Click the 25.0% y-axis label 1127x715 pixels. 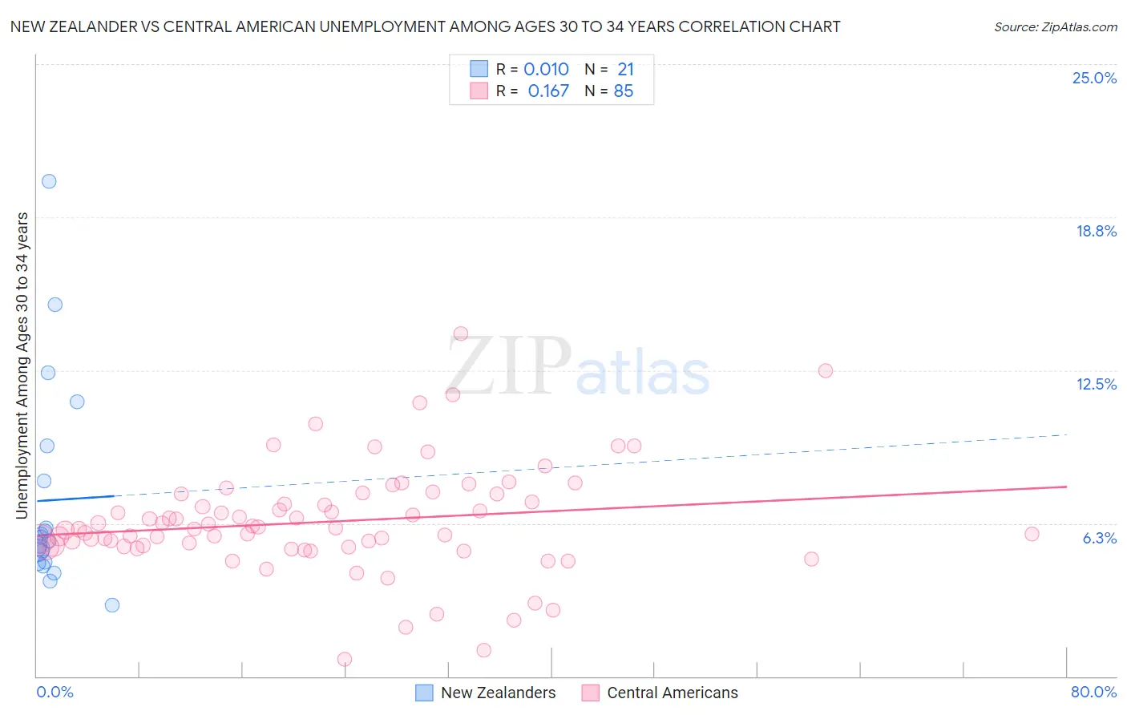pos(1094,78)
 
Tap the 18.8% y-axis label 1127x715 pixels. pos(1096,231)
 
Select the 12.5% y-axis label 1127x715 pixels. pos(1096,384)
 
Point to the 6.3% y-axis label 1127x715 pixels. pos(1099,538)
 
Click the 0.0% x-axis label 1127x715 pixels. pos(55,692)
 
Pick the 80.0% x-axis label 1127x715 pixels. pos(1093,692)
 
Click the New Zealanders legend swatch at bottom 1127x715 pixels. pos(425,693)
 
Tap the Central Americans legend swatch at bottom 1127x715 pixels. pos(591,693)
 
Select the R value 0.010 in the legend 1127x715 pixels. pos(546,70)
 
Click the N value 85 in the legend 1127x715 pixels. pos(623,91)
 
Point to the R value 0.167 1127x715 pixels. pos(548,91)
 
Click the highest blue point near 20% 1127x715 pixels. pos(49,181)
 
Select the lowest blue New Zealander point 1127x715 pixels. pos(112,605)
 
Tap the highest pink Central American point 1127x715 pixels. pos(461,333)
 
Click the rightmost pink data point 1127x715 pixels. pos(1032,534)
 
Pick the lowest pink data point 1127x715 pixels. pos(345,659)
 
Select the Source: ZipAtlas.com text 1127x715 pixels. pos(1055,27)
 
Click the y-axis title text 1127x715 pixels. pos(22,366)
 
